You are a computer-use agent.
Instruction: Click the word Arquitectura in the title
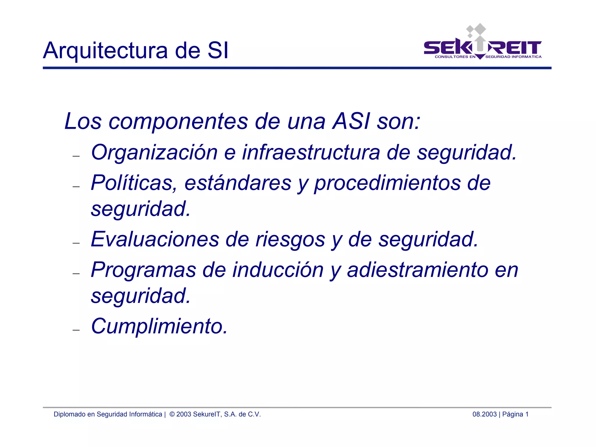(x=105, y=51)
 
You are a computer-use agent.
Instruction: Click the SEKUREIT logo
(x=482, y=44)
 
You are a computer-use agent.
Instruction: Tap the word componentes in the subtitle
(x=178, y=121)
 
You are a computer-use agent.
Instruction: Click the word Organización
(x=154, y=153)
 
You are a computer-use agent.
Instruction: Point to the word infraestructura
(x=311, y=153)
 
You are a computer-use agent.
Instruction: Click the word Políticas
(x=134, y=183)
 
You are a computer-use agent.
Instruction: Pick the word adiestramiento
(x=417, y=270)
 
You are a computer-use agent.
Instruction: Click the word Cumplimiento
(x=159, y=326)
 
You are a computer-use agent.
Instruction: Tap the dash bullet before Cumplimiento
(x=76, y=330)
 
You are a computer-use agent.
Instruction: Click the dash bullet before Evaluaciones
(x=76, y=243)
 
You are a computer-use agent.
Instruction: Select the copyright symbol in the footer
(x=172, y=414)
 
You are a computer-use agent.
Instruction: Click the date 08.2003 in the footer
(x=484, y=414)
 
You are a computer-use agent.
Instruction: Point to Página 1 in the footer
(x=515, y=414)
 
